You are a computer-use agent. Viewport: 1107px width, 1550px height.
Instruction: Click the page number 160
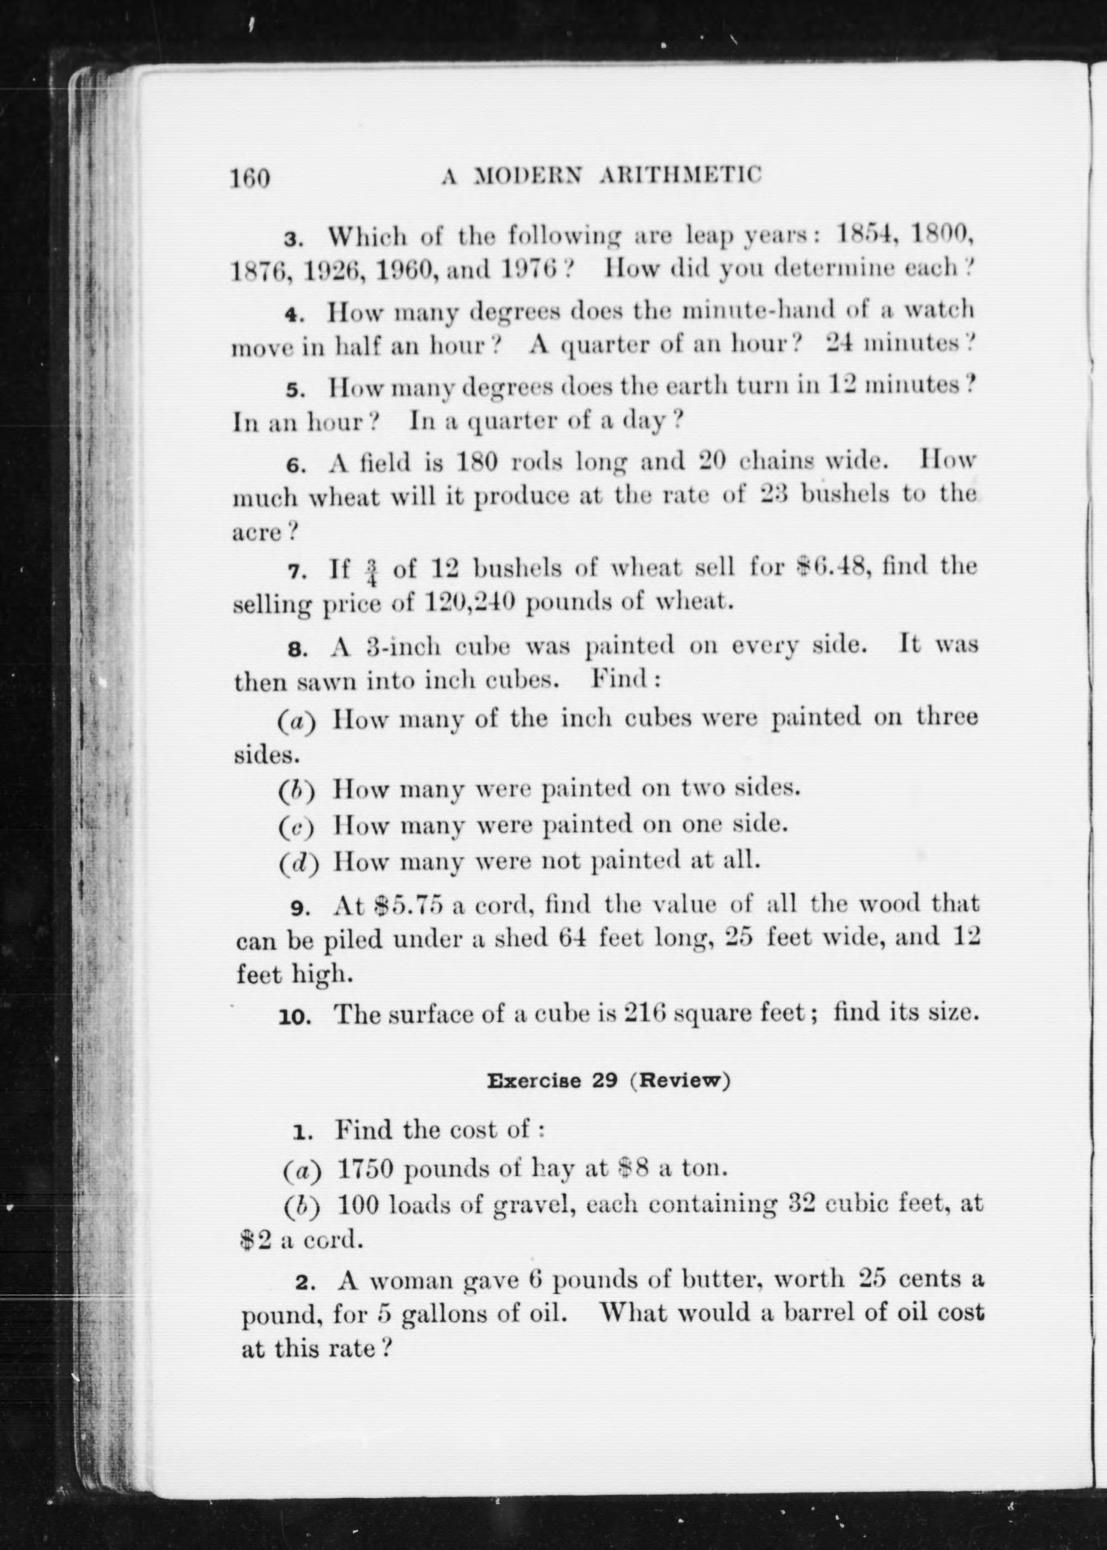(250, 178)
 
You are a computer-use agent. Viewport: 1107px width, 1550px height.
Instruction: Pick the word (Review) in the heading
(679, 1081)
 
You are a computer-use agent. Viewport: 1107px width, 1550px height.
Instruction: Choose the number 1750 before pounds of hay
(366, 1169)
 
